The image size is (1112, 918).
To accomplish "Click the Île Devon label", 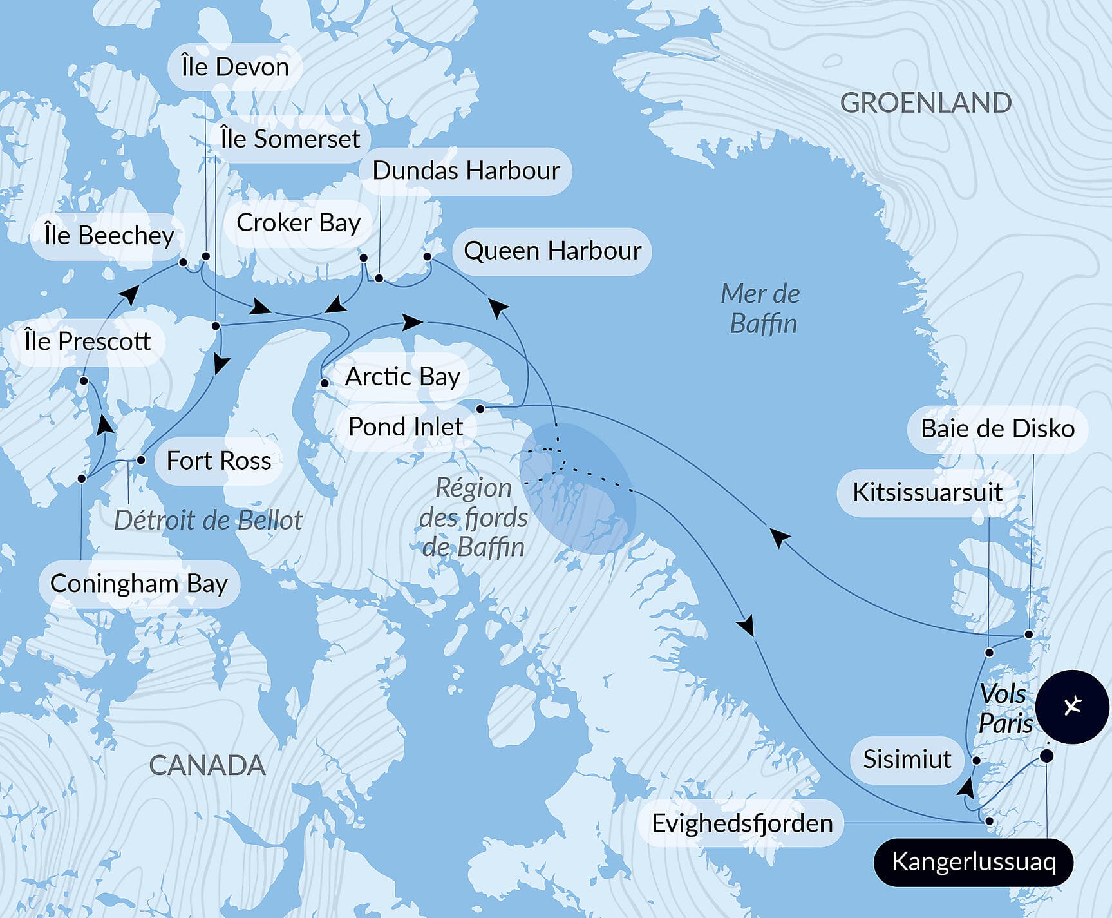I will pos(235,67).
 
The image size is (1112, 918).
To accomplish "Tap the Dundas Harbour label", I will pos(466,171).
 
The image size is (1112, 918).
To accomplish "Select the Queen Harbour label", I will pos(552,251).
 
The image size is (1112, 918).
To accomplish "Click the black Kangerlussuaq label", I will pos(973,862).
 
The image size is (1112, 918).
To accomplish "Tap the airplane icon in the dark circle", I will pos(1072,707).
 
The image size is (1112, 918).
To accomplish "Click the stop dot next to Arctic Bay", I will pos(325,383).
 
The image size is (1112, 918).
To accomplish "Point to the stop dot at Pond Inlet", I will pos(480,409).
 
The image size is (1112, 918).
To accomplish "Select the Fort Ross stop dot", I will pos(141,460).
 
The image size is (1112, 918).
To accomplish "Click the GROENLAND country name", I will pos(926,103).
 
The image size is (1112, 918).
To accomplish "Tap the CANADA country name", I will pos(207,766).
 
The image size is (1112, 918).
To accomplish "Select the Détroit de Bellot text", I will pos(208,521).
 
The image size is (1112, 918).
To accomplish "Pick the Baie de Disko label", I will pos(997,429).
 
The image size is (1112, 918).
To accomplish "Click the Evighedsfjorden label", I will pos(742,824).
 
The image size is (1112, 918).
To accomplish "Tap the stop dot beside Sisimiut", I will pos(976,761).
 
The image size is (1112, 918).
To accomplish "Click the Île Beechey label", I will pos(109,236).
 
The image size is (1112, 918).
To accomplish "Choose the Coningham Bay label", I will pos(139,584).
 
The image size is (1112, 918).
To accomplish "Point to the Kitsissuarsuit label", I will pos(927,493).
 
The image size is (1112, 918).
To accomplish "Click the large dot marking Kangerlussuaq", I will pos(1047,756).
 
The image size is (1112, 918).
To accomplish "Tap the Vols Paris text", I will pos(1005,709).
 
